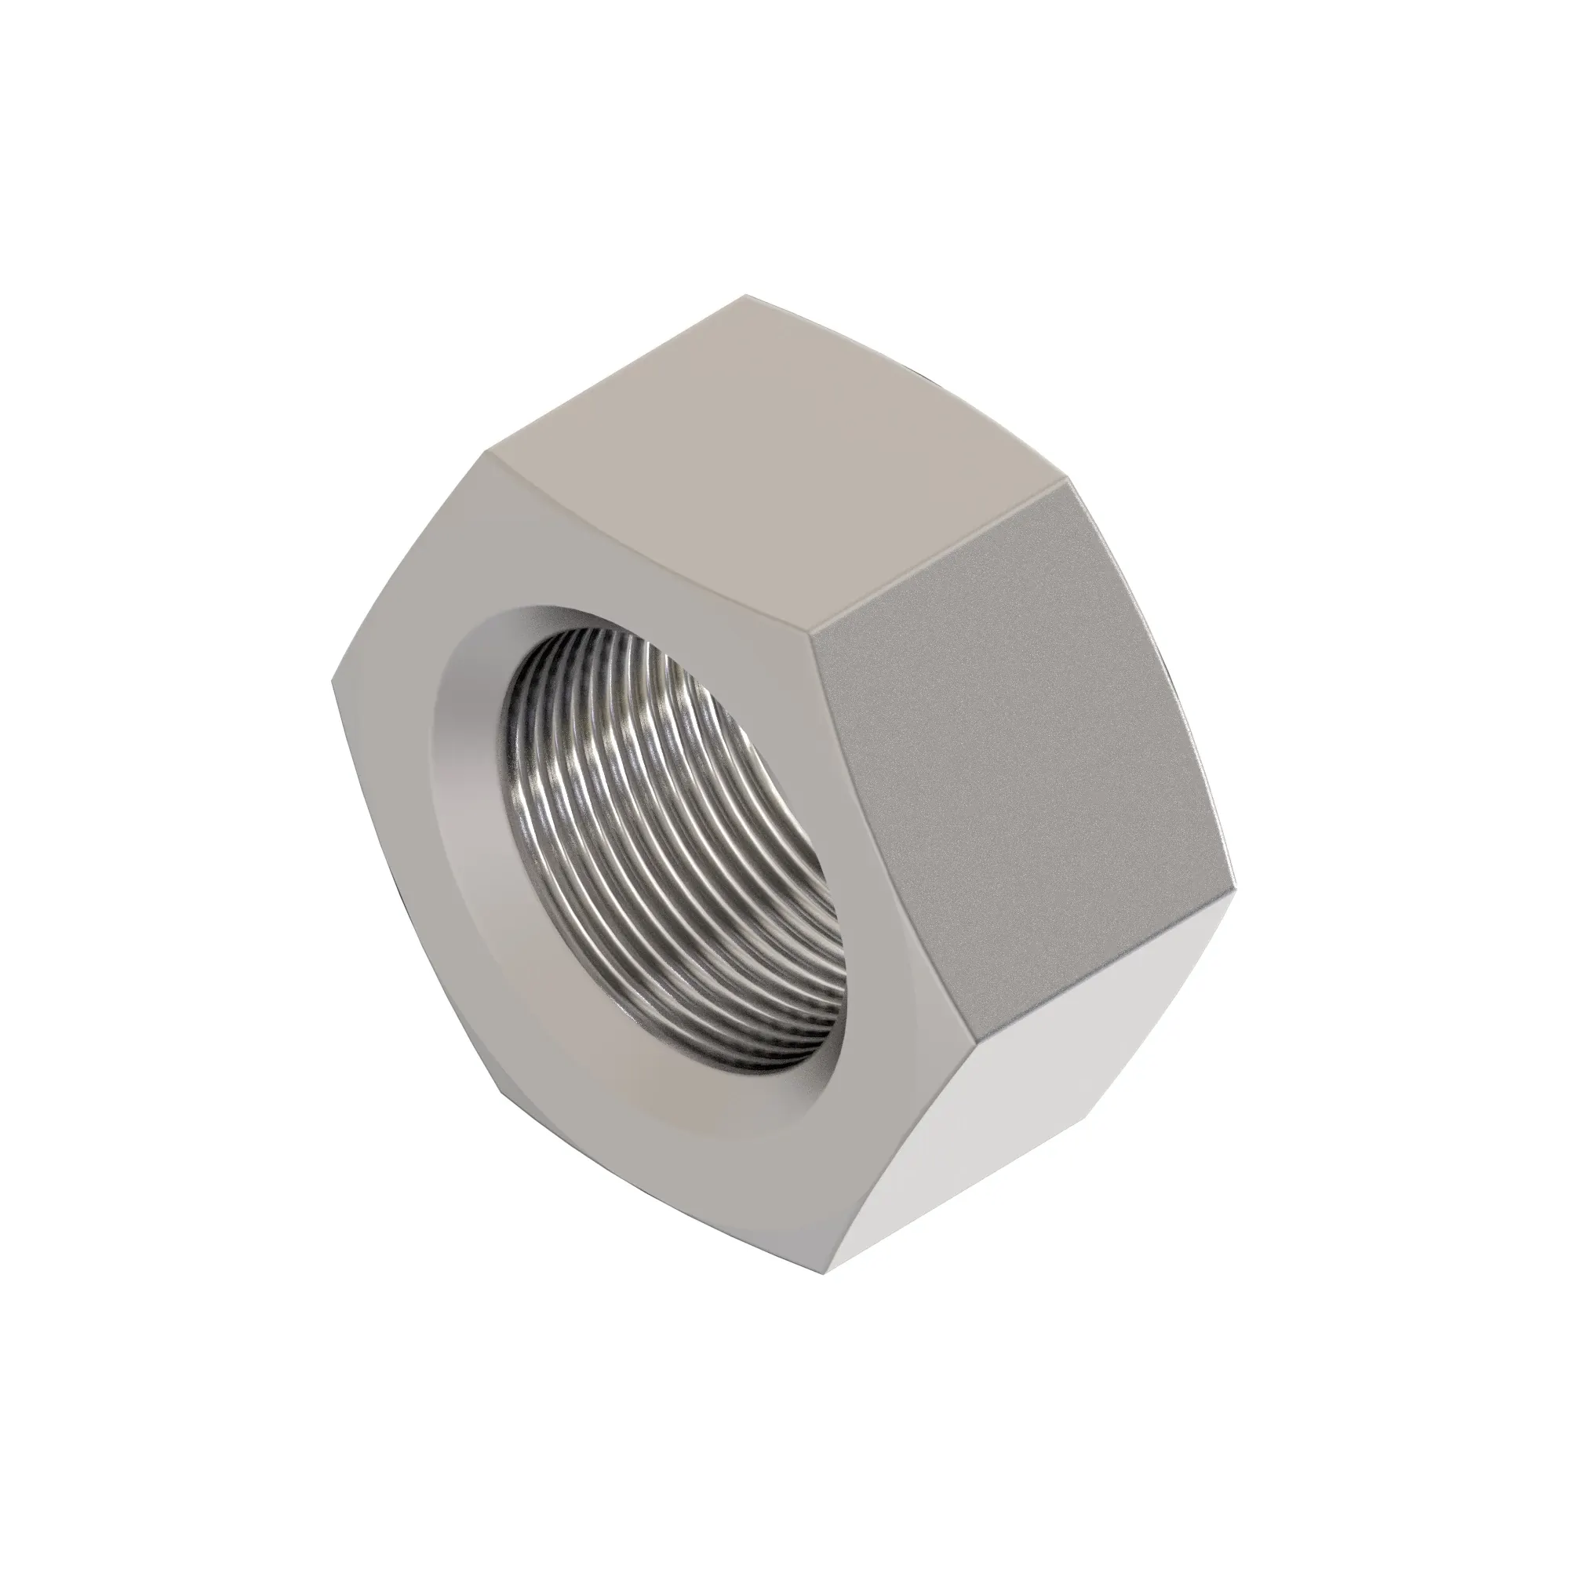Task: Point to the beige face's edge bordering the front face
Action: pyautogui.click(x=650, y=544)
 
